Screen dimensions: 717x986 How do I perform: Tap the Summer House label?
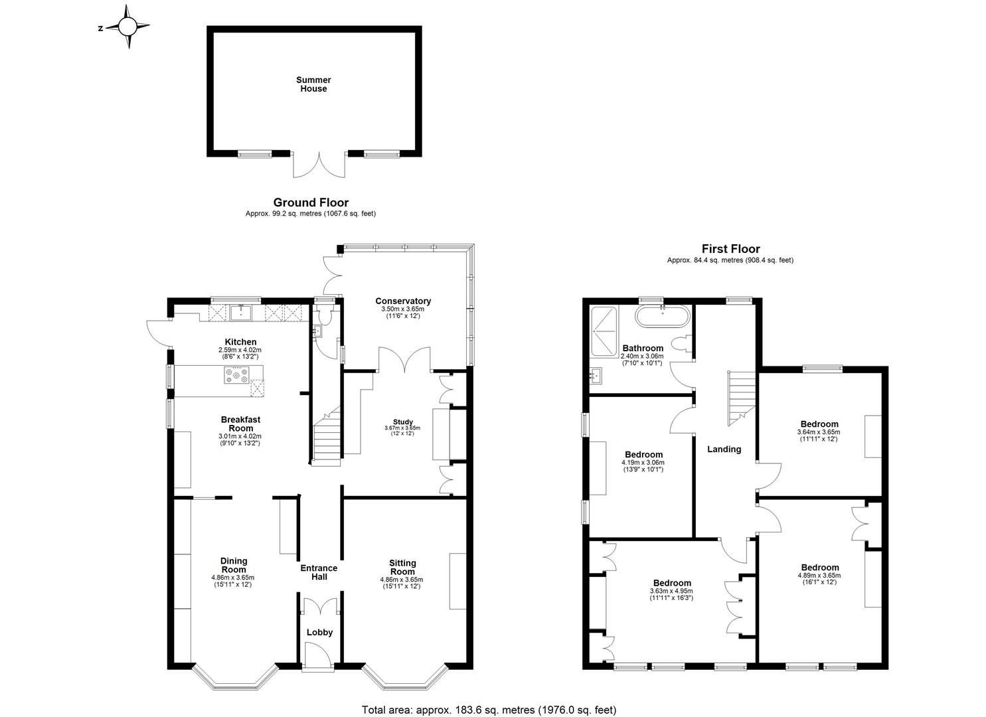click(313, 84)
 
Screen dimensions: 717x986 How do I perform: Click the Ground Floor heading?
click(311, 202)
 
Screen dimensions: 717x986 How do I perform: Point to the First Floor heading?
click(730, 249)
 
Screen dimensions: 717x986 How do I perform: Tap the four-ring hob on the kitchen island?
click(237, 376)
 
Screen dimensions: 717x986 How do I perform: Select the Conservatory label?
click(403, 301)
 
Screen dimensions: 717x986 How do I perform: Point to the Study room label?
click(403, 422)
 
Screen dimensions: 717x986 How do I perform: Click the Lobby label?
click(319, 633)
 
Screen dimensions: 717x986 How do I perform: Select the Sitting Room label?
click(402, 567)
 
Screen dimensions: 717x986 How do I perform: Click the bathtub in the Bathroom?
click(663, 316)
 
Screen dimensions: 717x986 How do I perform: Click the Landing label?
click(724, 449)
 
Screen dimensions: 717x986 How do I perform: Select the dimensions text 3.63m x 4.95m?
click(671, 591)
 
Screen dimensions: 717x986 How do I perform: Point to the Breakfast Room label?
click(240, 424)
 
